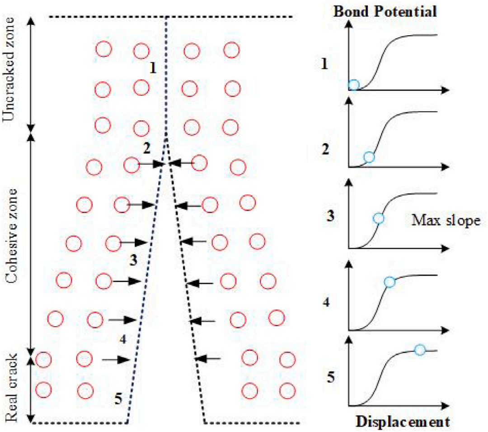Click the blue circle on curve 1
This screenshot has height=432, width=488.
click(353, 85)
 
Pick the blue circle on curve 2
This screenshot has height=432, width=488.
click(369, 157)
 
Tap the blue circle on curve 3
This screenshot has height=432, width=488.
click(379, 218)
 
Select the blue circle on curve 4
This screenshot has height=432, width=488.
click(389, 282)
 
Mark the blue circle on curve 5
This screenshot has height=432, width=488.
click(420, 350)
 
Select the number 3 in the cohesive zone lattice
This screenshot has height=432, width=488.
click(132, 260)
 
